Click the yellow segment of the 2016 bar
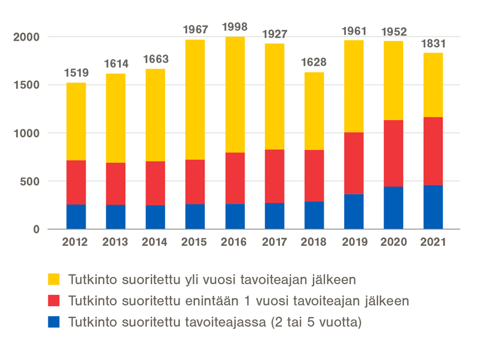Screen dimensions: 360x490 coord(235,94)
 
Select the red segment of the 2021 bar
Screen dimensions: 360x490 coord(433,151)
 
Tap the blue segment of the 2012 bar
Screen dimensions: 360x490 coord(76,216)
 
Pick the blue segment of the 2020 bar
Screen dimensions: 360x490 coord(393,208)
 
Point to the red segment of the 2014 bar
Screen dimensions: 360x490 coord(155,183)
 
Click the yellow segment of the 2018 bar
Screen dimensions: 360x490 coord(314,111)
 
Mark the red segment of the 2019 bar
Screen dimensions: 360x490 coord(354,163)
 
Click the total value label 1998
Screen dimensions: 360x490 coord(235,27)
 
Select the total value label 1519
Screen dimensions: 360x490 coord(76,73)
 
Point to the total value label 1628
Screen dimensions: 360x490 coord(314,63)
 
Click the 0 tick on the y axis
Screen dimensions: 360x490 coord(36,230)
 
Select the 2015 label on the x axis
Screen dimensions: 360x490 coord(195,242)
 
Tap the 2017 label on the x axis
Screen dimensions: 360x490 coord(274,242)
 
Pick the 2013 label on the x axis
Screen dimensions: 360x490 coord(115,242)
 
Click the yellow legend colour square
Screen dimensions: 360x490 coord(54,279)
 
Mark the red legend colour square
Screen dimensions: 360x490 coord(54,301)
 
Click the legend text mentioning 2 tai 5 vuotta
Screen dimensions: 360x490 coord(215,322)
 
